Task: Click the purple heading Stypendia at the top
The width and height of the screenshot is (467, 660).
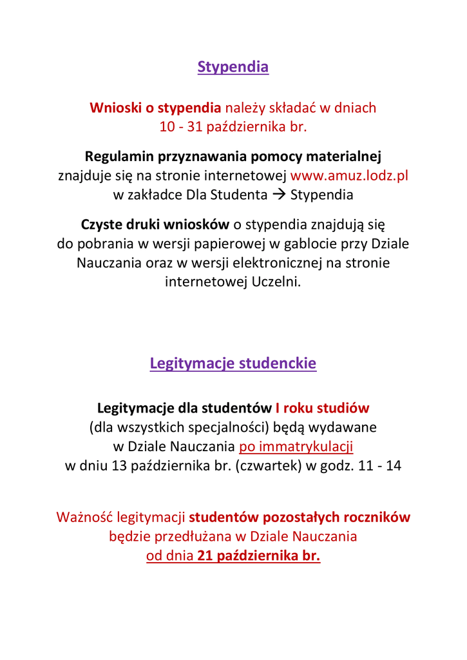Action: [x=233, y=67]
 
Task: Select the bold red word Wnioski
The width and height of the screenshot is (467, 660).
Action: [x=114, y=108]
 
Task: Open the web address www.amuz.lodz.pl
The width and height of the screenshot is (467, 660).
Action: [x=350, y=175]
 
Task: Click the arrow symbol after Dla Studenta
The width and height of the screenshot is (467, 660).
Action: [x=278, y=194]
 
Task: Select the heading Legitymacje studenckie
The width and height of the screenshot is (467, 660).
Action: [x=233, y=364]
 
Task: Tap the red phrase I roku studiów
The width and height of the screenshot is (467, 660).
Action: [x=322, y=408]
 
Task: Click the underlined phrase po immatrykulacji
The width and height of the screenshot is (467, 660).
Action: [x=296, y=446]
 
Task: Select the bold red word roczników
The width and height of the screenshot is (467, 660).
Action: [x=377, y=517]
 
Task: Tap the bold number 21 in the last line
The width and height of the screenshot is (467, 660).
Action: [x=205, y=556]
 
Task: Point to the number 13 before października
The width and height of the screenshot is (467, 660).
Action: [x=119, y=465]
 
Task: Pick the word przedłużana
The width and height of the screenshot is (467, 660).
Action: [x=196, y=536]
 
